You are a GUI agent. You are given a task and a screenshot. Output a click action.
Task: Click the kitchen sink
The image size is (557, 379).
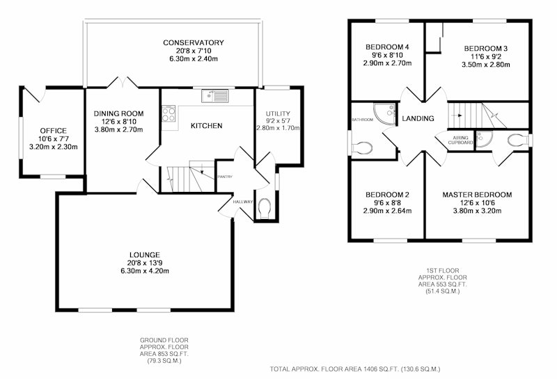tap(215, 96)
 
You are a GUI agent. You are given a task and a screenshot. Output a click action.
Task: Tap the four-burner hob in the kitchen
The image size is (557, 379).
tap(168, 113)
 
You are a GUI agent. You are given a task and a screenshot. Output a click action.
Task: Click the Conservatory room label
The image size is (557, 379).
tap(194, 42)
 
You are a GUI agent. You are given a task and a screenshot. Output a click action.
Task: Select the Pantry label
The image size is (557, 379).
tap(225, 177)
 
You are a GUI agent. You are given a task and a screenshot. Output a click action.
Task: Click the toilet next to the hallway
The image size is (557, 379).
tap(265, 209)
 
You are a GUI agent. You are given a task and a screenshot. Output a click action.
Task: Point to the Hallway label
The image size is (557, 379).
tap(243, 202)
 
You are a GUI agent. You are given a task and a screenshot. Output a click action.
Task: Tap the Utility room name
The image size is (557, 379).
tap(278, 113)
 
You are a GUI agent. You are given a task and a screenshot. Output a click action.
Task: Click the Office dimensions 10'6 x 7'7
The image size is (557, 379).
tap(54, 139)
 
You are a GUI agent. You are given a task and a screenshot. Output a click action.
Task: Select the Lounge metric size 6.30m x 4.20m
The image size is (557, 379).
tap(145, 271)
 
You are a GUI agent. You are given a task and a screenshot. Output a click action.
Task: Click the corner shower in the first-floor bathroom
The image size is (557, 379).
tap(385, 114)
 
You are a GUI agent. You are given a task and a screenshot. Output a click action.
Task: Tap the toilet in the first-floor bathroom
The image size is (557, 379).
tap(362, 147)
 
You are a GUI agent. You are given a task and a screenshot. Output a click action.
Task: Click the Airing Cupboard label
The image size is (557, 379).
tap(460, 140)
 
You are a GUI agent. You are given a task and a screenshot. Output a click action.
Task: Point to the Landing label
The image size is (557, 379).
tap(418, 118)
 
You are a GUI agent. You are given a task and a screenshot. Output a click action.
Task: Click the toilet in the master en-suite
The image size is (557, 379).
tap(517, 140)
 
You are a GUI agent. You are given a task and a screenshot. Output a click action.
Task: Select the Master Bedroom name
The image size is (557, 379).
tap(477, 195)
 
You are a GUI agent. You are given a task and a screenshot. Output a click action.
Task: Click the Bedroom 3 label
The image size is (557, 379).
tap(485, 49)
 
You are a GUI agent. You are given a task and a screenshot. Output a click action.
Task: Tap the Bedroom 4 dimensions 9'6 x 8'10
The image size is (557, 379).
tap(387, 55)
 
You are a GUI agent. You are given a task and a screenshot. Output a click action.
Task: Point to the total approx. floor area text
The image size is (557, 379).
tap(355, 369)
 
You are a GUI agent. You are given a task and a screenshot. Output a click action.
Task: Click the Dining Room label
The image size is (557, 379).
tap(118, 113)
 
